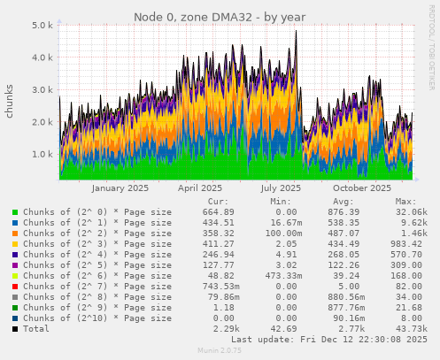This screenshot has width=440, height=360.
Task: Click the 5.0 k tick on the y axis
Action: point(42,26)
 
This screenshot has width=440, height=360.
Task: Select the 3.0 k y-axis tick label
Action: point(42,90)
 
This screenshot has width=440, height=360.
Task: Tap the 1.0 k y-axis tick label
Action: point(42,154)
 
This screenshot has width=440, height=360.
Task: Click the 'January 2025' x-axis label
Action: point(120,188)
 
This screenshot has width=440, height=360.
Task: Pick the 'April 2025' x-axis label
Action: point(200,188)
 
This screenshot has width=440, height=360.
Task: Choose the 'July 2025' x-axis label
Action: point(281,188)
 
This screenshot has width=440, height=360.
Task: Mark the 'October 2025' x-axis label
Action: point(361,188)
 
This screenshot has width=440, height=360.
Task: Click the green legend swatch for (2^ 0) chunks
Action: point(15,212)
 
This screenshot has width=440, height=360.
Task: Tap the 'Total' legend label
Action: point(37,329)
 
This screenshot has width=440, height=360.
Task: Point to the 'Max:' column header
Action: point(405,202)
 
